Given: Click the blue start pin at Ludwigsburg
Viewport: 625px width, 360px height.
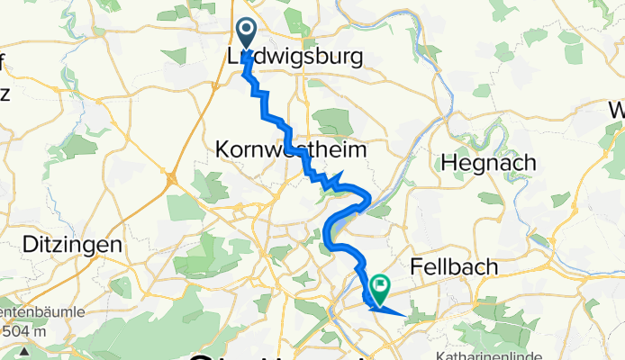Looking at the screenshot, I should click(245, 34).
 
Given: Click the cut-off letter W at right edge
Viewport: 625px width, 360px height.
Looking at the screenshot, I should click(618, 111).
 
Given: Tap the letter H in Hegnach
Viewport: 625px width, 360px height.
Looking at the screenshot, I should click(448, 163).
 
